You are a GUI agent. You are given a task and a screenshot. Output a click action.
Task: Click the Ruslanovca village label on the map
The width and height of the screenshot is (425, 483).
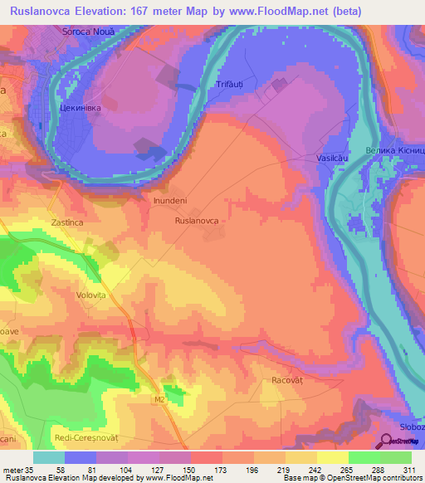pyautogui.click(x=197, y=222)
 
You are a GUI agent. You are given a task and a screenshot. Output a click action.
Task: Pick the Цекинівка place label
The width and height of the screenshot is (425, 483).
pyautogui.click(x=81, y=108)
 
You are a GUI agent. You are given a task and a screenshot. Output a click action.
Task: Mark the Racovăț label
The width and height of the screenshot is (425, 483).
pyautogui.click(x=290, y=379)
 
